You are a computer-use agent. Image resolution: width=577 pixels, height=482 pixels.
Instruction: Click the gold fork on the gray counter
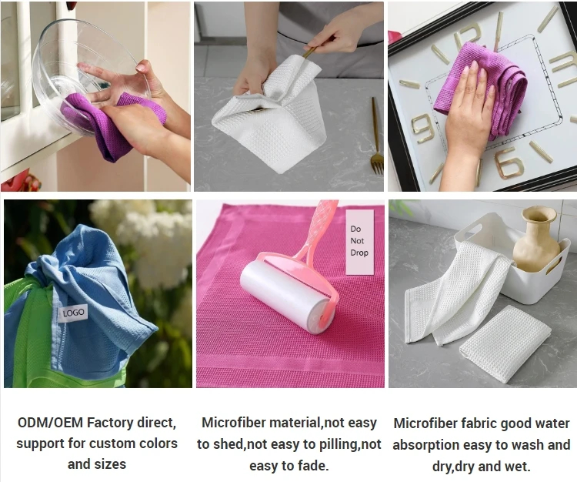click(376, 139)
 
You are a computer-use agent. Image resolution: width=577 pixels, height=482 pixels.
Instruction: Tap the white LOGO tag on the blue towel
click(74, 313)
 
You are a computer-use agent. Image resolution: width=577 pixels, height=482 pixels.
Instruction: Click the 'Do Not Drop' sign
click(359, 241)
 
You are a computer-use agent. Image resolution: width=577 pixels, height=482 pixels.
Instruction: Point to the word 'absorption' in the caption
click(426, 445)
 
